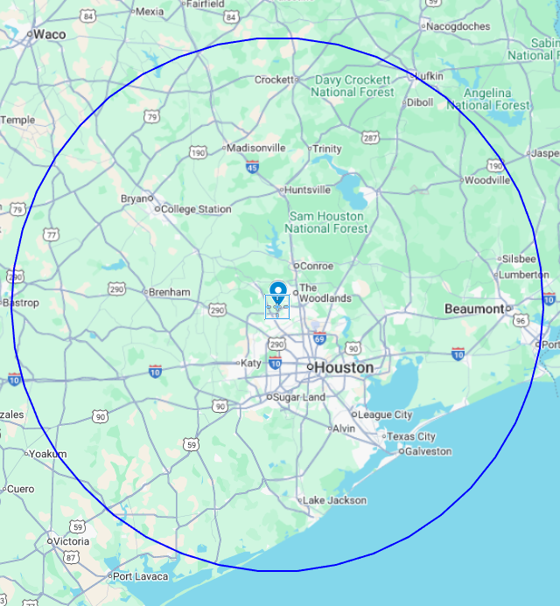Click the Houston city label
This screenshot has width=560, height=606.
343,367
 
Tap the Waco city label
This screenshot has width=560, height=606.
49,34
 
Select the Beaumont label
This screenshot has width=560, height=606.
473,309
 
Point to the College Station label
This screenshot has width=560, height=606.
196,209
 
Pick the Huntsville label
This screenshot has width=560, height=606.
308,189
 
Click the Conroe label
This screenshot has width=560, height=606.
318,265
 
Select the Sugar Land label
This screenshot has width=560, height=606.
300,397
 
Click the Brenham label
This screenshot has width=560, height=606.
170,292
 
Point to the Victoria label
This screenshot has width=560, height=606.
71,541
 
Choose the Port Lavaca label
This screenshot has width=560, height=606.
138,575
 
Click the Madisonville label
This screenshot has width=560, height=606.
256,148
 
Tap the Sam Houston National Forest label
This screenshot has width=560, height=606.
328,222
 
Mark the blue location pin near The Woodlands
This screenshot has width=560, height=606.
278,291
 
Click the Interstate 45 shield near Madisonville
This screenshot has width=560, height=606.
252,167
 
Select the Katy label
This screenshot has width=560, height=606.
251,363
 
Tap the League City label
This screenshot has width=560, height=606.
386,414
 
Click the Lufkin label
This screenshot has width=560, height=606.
428,77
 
